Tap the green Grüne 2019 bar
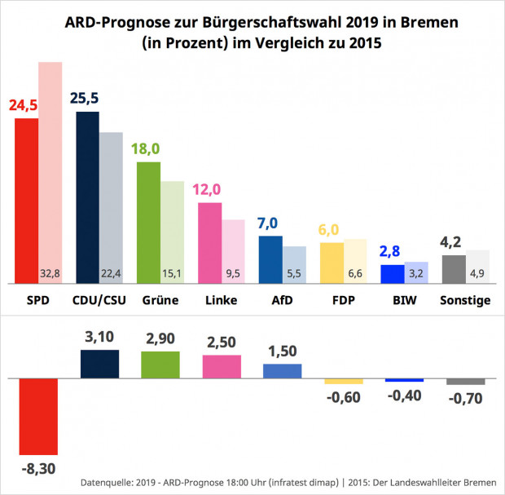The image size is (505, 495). click(x=148, y=223)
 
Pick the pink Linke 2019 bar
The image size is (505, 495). click(x=210, y=243)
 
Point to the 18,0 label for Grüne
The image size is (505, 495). click(x=146, y=150)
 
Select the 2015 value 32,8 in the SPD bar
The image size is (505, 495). click(x=50, y=273)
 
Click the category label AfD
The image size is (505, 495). click(x=270, y=300)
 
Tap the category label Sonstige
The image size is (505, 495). click(x=465, y=300)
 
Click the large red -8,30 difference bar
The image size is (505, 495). click(x=39, y=417)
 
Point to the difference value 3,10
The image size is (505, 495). click(x=99, y=338)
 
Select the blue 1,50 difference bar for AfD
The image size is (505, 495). click(x=282, y=371)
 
